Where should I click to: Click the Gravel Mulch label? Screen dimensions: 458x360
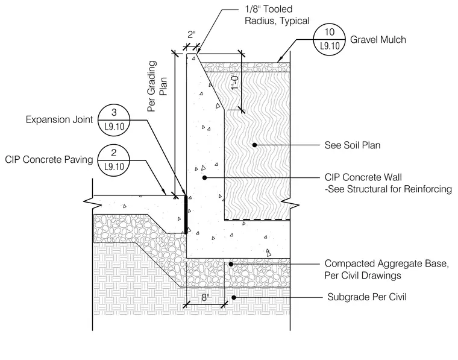pyautogui.click(x=378, y=40)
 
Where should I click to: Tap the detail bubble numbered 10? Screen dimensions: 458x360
pyautogui.click(x=330, y=39)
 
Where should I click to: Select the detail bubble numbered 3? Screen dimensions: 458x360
pyautogui.click(x=114, y=120)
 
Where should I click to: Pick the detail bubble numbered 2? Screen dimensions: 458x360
pyautogui.click(x=114, y=160)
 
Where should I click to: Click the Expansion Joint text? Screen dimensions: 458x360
pyautogui.click(x=59, y=120)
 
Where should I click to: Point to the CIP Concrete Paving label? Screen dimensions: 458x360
pyautogui.click(x=49, y=160)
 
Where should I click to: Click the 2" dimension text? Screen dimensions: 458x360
pyautogui.click(x=191, y=34)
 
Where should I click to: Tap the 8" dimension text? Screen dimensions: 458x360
pyautogui.click(x=205, y=297)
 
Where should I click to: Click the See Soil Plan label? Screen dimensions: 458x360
pyautogui.click(x=353, y=145)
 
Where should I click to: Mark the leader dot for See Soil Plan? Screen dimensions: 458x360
pyautogui.click(x=254, y=145)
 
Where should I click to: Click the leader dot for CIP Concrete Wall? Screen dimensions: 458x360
pyautogui.click(x=204, y=177)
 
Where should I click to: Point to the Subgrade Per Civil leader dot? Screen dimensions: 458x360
pyautogui.click(x=234, y=297)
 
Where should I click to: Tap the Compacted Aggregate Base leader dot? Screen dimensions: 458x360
pyautogui.click(x=231, y=264)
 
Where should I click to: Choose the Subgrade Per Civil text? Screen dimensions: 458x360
pyautogui.click(x=367, y=297)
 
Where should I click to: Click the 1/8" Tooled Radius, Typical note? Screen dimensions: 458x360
pyautogui.click(x=277, y=15)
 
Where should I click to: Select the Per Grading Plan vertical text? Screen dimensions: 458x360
pyautogui.click(x=157, y=86)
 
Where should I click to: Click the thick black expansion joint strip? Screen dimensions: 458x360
pyautogui.click(x=186, y=215)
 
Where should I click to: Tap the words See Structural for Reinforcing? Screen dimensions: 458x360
pyautogui.click(x=390, y=189)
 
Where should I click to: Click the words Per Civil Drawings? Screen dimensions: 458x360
pyautogui.click(x=363, y=275)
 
